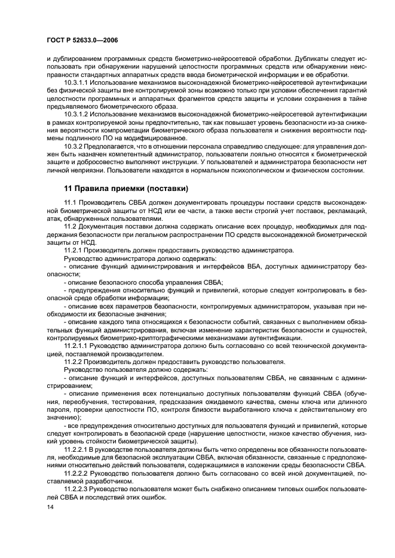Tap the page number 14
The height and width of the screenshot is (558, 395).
point(49,506)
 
